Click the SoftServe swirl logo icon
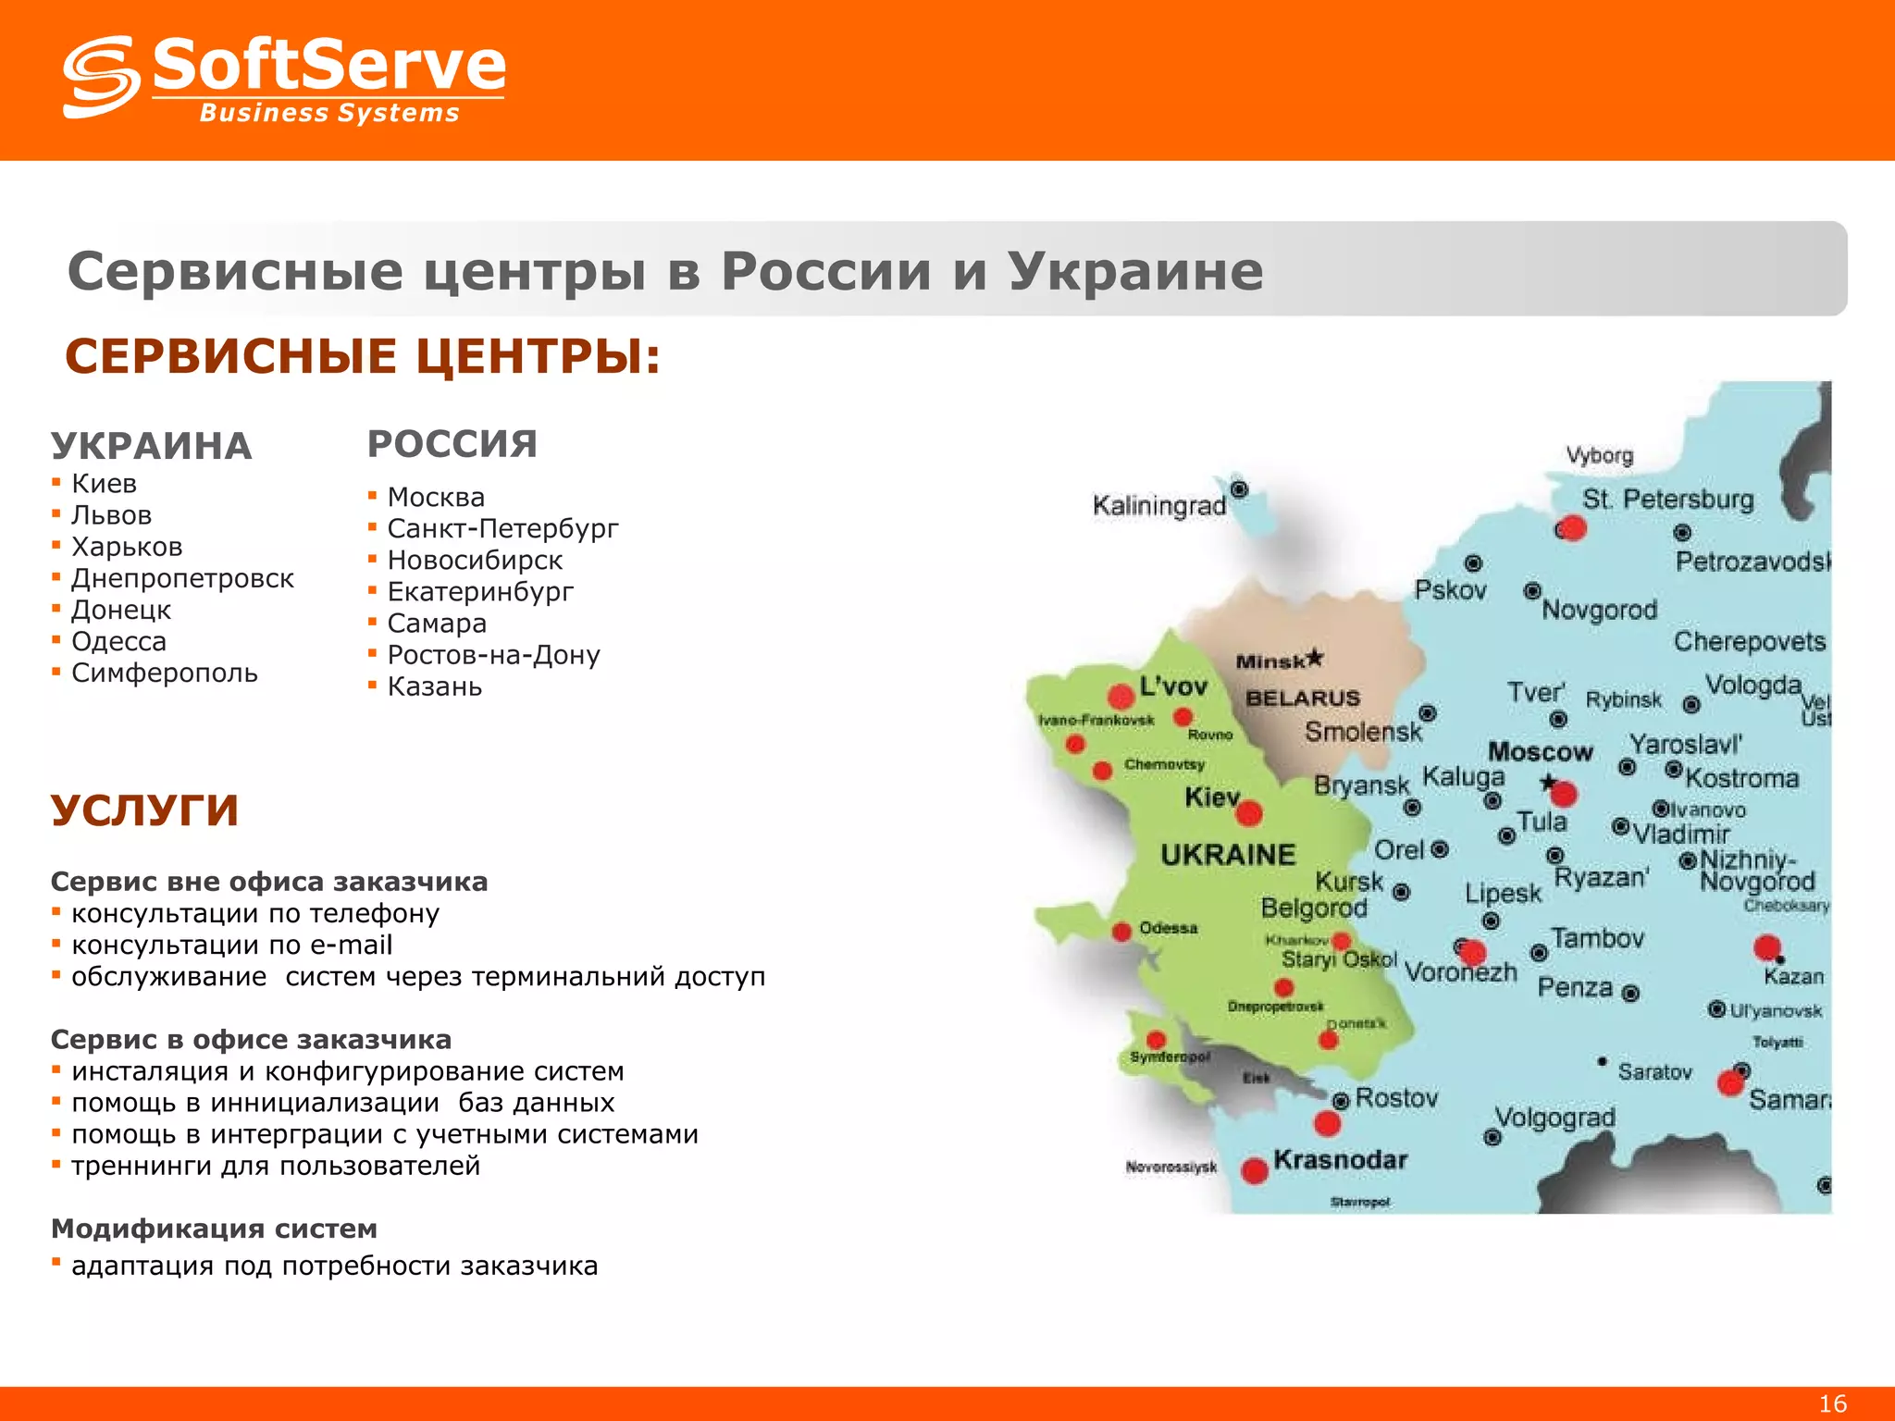tap(101, 77)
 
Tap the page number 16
tap(1832, 1403)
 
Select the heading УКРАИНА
tap(152, 446)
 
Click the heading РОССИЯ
tap(452, 444)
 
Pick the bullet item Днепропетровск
tap(182, 578)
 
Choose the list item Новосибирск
tap(475, 560)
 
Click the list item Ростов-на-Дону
tap(493, 655)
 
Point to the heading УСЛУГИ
tap(145, 810)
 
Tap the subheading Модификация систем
tap(214, 1229)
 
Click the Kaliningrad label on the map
tap(1158, 506)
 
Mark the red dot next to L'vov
tap(1121, 696)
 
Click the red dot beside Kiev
tap(1249, 813)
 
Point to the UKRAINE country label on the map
tap(1228, 855)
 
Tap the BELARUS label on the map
tap(1303, 698)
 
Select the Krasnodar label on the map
tap(1340, 1160)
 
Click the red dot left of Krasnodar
tap(1255, 1170)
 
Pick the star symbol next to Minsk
tap(1314, 658)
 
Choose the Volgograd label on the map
tap(1555, 1118)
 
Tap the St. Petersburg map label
tap(1667, 500)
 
